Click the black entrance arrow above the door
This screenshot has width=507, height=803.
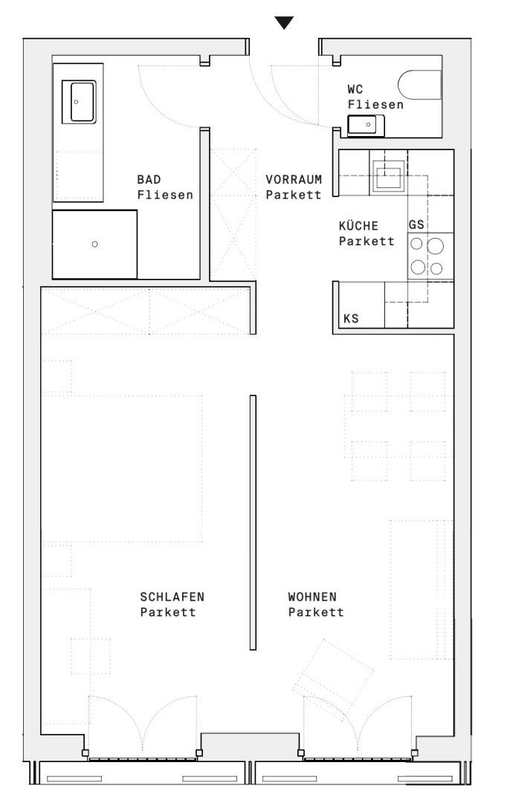[284, 22]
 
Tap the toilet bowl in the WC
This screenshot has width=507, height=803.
[419, 85]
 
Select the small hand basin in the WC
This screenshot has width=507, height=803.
[366, 126]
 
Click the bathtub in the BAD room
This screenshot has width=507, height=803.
[79, 101]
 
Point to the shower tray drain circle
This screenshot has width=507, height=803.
[94, 245]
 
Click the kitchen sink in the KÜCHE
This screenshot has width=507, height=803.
[388, 175]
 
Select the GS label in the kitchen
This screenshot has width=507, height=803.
[416, 225]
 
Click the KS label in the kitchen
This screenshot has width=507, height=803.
[351, 318]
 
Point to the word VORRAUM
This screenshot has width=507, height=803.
[294, 180]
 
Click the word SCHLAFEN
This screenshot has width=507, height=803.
[172, 597]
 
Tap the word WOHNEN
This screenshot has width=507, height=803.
[312, 597]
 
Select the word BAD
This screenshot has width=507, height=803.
[149, 180]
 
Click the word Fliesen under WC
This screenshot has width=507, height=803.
[375, 105]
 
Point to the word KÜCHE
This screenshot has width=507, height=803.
[358, 226]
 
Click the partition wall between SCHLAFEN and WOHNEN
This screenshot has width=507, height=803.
[253, 523]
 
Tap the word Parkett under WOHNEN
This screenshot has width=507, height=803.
[316, 613]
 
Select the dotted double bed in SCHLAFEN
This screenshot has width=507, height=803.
[122, 468]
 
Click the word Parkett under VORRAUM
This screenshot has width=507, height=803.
[294, 195]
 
